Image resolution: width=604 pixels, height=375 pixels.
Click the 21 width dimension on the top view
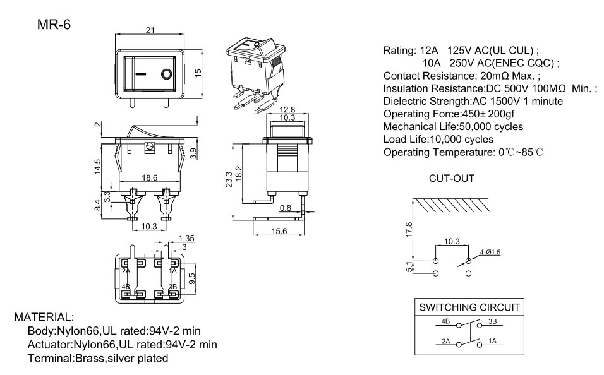coord(150,30)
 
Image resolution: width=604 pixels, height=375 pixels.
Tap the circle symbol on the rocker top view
coord(166,75)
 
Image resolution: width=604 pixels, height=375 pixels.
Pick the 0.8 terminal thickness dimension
coord(285,208)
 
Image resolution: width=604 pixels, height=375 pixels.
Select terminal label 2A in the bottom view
coord(126,271)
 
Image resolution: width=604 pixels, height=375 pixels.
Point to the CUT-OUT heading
coord(452,179)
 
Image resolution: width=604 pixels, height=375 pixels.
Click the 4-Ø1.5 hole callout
coord(490,252)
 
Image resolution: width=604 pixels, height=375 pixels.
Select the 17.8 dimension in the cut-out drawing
coord(409,230)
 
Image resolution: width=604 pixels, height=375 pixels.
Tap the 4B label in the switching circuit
coord(445,322)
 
